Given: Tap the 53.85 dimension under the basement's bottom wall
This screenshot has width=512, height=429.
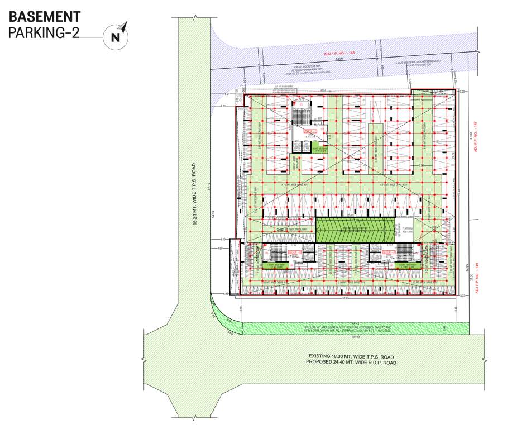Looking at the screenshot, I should pos(345,299).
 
